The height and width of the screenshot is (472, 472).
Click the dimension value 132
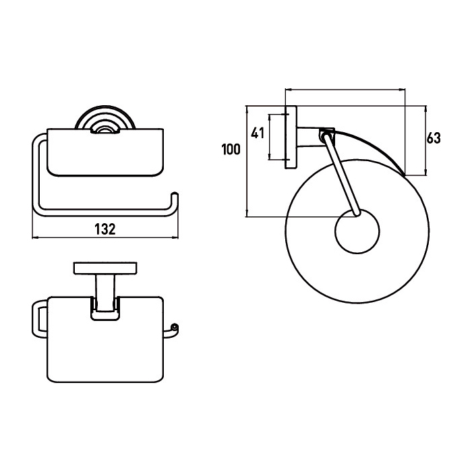pyautogui.click(x=105, y=229)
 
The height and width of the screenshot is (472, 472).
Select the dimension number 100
pyautogui.click(x=231, y=150)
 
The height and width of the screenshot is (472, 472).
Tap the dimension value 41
pyautogui.click(x=258, y=133)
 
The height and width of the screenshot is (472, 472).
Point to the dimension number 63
pyautogui.click(x=434, y=138)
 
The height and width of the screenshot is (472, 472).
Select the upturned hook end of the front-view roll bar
pyautogui.click(x=175, y=200)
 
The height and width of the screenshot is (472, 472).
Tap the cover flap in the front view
pyautogui.click(x=105, y=152)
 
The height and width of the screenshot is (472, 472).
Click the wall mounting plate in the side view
pyautogui.click(x=291, y=137)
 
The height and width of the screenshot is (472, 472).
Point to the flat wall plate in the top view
pyautogui.click(x=105, y=268)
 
